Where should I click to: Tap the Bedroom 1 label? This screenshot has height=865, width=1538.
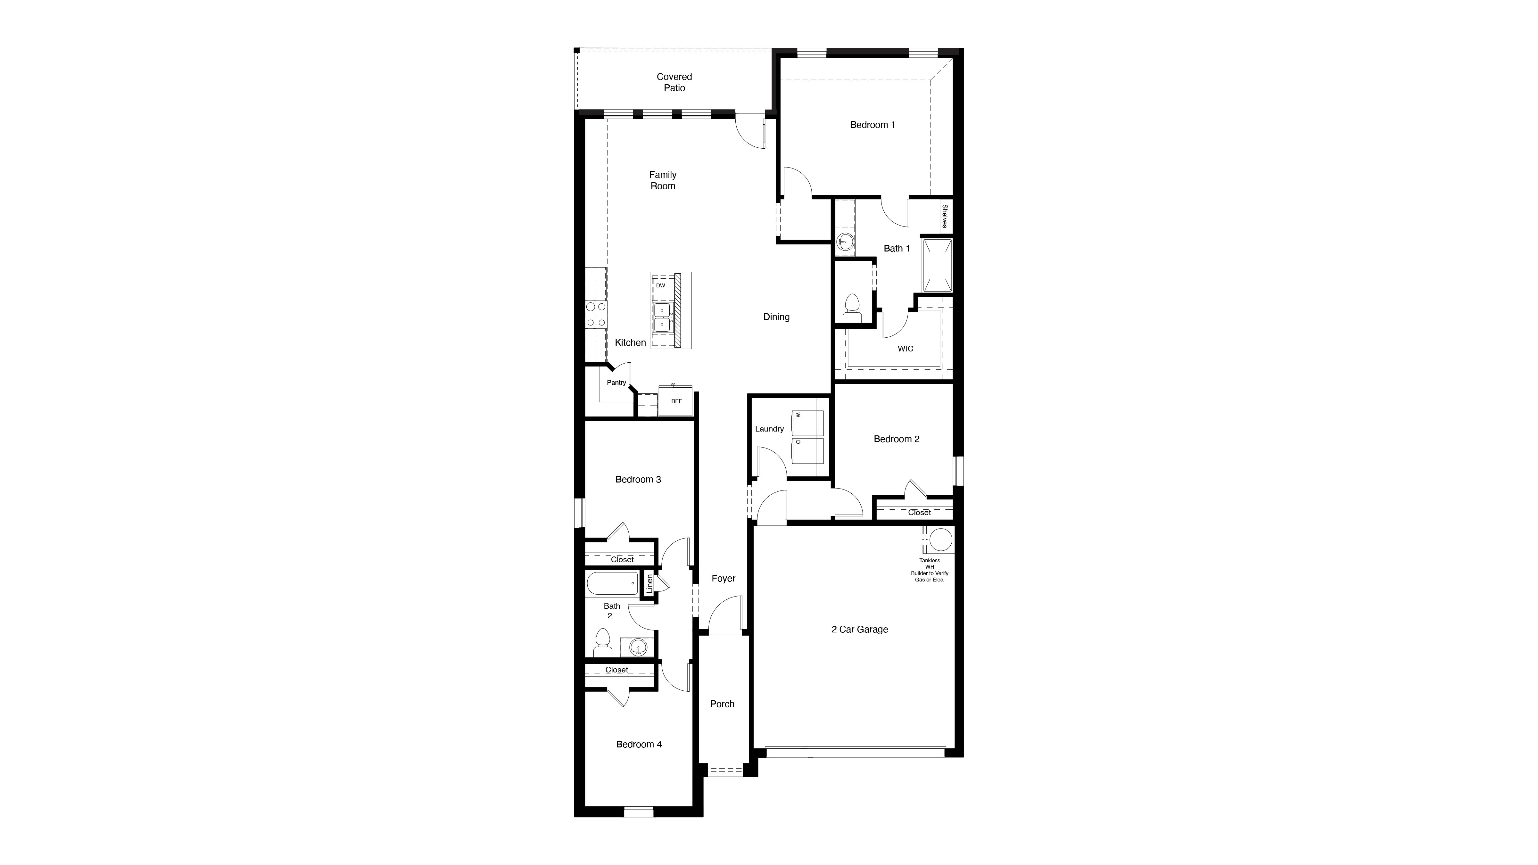click(x=872, y=125)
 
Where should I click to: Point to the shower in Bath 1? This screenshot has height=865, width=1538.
click(x=937, y=266)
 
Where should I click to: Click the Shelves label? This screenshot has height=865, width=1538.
click(x=945, y=216)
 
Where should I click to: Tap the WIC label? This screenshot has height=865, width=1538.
click(x=905, y=349)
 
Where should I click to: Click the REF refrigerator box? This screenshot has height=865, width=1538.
click(x=676, y=401)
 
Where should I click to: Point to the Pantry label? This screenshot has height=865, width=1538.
click(x=616, y=383)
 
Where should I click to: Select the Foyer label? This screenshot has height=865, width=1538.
click(x=723, y=579)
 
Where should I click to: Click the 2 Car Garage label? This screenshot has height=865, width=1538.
click(x=859, y=629)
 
